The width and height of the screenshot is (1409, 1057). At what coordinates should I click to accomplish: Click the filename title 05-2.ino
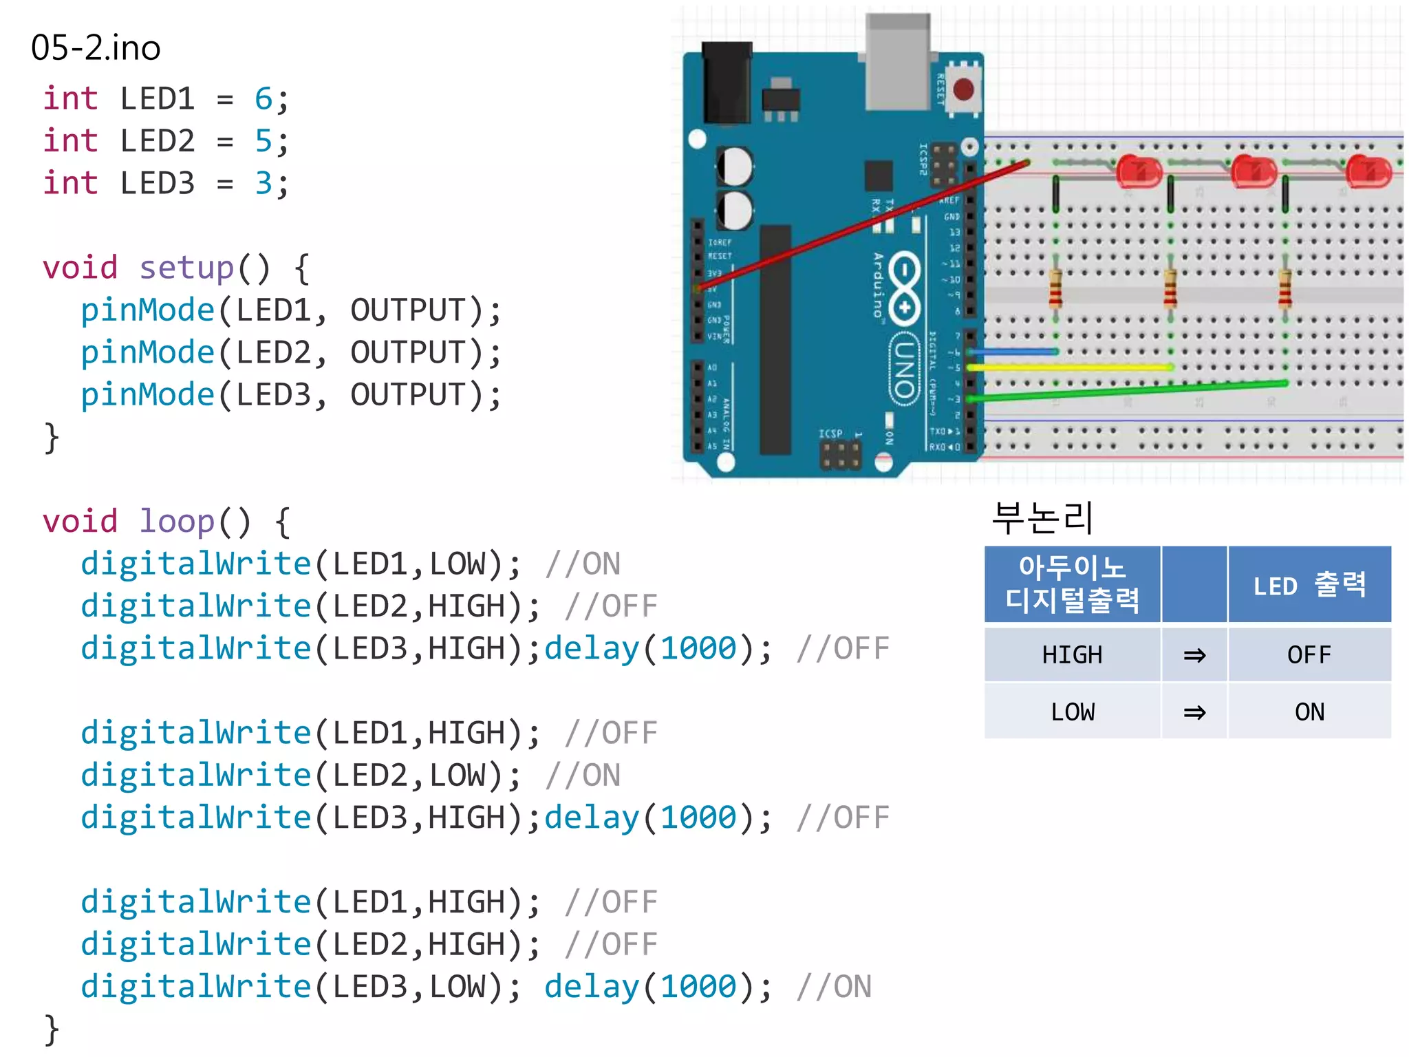click(x=96, y=48)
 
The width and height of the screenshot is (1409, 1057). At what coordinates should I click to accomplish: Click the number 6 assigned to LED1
click(x=263, y=99)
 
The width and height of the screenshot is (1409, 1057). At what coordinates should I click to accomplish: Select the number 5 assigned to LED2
click(x=263, y=141)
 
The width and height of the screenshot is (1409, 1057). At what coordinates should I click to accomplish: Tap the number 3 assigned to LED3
click(x=263, y=184)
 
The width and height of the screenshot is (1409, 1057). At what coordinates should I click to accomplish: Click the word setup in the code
click(x=186, y=268)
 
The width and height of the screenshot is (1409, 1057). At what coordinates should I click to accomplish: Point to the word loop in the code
click(x=177, y=522)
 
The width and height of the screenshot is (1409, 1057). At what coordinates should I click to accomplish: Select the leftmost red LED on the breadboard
click(x=1139, y=171)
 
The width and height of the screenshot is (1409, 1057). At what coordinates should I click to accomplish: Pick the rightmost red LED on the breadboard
click(x=1368, y=171)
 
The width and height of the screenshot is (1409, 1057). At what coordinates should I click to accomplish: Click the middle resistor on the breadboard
click(x=1170, y=289)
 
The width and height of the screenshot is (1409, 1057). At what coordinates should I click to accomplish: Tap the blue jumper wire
click(x=1011, y=352)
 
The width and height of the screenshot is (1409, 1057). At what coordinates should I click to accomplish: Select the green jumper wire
click(x=1128, y=390)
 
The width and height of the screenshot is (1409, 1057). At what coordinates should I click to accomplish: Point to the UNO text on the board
click(x=904, y=368)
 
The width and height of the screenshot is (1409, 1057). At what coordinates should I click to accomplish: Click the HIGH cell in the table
click(x=1072, y=654)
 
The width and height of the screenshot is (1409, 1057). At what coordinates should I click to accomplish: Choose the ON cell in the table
click(x=1309, y=712)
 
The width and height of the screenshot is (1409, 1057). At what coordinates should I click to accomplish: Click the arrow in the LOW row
click(x=1194, y=712)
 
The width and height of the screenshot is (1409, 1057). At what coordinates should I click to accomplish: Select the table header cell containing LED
click(x=1309, y=585)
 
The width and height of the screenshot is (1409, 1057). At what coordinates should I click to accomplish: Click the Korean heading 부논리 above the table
click(x=1042, y=518)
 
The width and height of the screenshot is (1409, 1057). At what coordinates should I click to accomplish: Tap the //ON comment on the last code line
click(x=834, y=987)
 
